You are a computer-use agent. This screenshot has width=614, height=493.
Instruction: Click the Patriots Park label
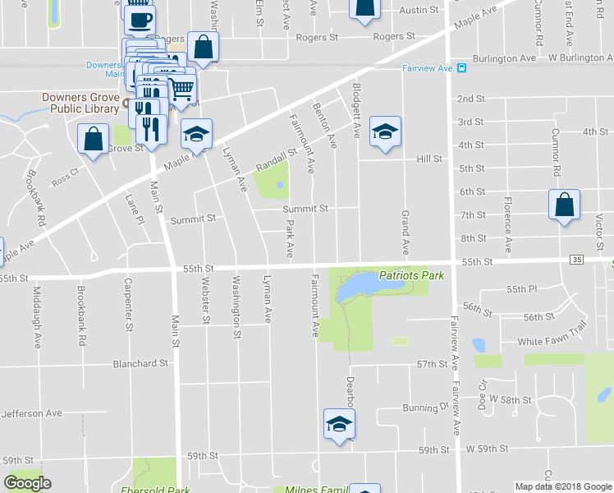pos(411,275)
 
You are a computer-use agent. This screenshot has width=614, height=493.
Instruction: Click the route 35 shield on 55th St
pos(577,260)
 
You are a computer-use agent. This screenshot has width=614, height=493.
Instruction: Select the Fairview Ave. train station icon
pos(462,69)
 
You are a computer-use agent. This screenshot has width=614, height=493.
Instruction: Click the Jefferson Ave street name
pos(32,413)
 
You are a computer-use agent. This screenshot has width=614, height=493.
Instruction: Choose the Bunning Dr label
pos(426,408)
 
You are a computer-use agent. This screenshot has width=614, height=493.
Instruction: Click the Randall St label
pos(275,156)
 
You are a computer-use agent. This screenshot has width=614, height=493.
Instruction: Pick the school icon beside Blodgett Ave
pos(384,132)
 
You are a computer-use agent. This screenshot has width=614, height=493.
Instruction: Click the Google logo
pos(27,484)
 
